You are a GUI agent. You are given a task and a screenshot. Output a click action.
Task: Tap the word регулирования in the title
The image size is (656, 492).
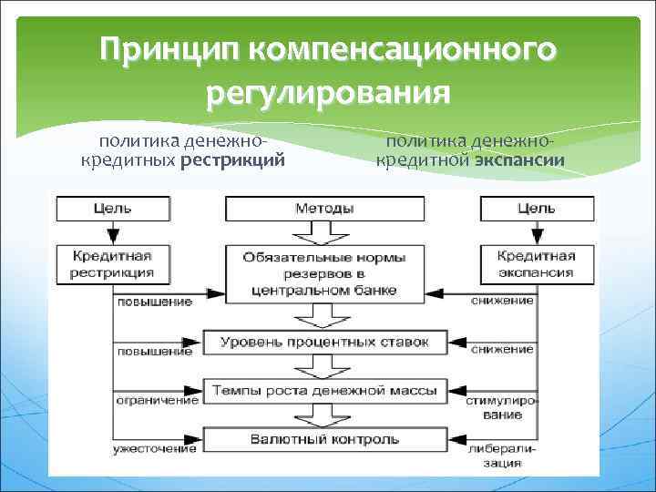tap(328, 91)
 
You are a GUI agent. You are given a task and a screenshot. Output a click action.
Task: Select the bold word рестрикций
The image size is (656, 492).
tap(233, 161)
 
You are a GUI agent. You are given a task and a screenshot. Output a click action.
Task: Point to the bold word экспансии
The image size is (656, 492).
tap(519, 161)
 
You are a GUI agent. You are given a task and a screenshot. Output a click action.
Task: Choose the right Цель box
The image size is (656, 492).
tap(536, 208)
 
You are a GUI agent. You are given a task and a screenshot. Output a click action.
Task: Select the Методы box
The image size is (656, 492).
tap(324, 208)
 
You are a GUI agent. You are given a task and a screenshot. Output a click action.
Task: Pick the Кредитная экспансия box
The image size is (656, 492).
tap(536, 263)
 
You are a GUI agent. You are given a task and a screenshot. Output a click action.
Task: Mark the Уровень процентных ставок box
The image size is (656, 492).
tap(324, 343)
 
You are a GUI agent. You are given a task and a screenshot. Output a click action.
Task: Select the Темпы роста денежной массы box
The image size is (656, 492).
tap(324, 391)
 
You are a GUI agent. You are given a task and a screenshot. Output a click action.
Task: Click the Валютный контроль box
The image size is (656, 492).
tap(324, 439)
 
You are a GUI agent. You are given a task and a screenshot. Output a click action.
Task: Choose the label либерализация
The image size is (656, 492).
tap(500, 455)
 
